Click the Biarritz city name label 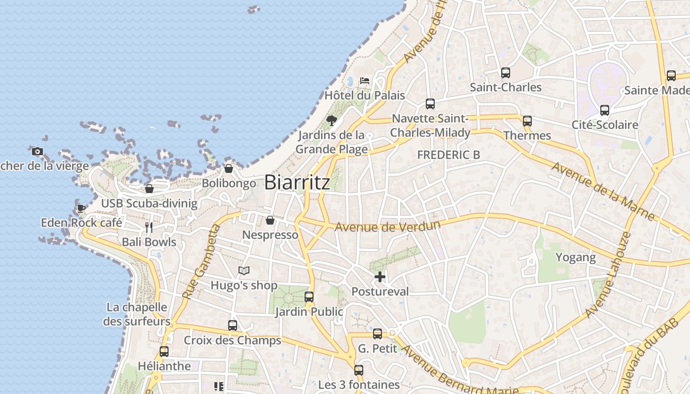(x=297, y=183)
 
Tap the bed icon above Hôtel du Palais (x=365, y=80)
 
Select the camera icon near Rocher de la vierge (x=37, y=151)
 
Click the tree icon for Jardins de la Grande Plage (x=332, y=121)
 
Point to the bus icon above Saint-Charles (x=505, y=73)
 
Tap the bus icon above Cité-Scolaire (x=605, y=110)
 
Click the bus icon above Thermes (x=527, y=121)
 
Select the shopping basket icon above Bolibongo (x=229, y=168)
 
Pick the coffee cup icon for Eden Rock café (x=81, y=209)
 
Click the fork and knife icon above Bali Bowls (x=148, y=228)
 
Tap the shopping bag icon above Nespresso (x=270, y=220)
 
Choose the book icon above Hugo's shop (x=243, y=270)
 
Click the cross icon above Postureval (x=380, y=277)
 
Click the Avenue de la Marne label (x=603, y=191)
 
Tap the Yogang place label (x=576, y=257)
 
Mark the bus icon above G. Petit (x=378, y=334)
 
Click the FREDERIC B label (x=448, y=155)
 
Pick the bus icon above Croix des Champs (x=233, y=326)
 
